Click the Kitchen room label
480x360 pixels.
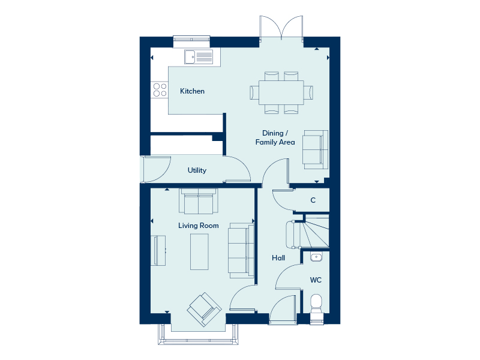(x=192, y=91)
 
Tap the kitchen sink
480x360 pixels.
(x=199, y=57)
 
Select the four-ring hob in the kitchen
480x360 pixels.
(x=160, y=90)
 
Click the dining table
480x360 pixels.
(x=281, y=92)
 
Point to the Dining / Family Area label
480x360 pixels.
(x=275, y=137)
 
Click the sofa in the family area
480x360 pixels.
(x=316, y=149)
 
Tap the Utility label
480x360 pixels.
(x=197, y=170)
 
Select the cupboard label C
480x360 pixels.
(x=313, y=200)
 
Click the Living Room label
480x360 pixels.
(x=199, y=226)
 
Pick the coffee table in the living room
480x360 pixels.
(x=199, y=251)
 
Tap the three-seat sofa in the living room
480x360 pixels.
(x=241, y=250)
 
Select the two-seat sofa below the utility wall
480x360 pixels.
(x=199, y=201)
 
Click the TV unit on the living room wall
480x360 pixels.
(x=158, y=250)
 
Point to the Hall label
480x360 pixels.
(x=278, y=258)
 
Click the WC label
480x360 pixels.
(x=316, y=280)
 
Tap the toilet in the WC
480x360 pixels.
(x=316, y=308)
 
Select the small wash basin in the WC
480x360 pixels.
(x=316, y=257)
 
